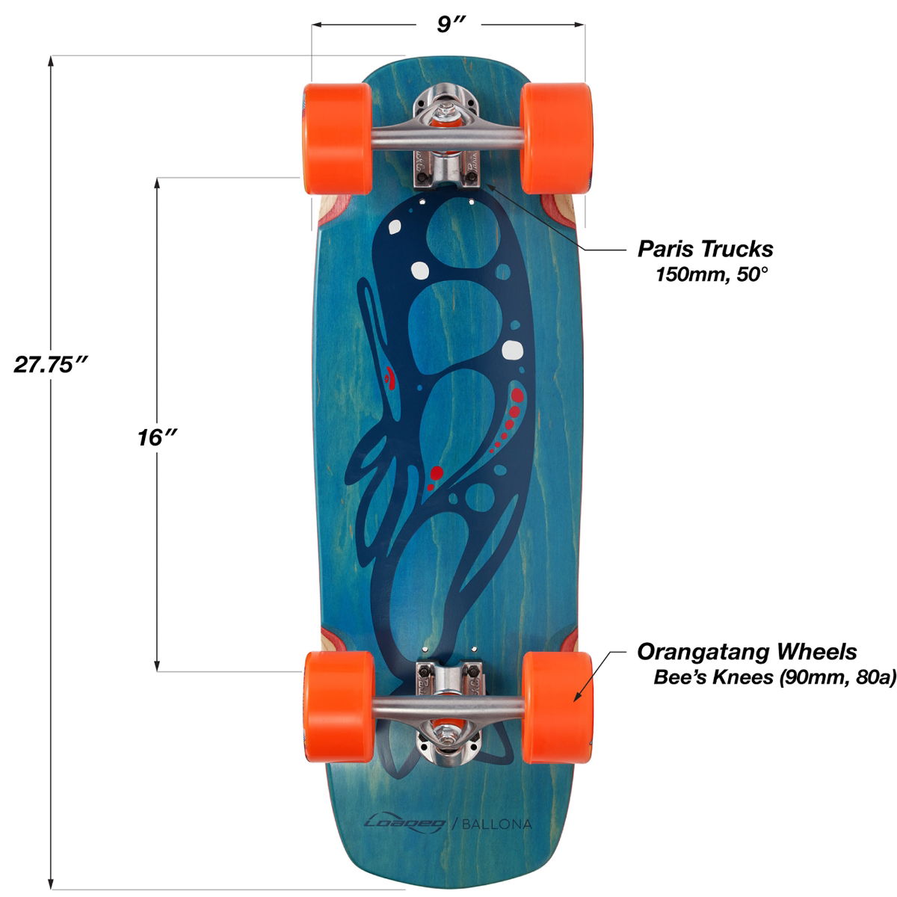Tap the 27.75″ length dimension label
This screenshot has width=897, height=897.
(x=50, y=364)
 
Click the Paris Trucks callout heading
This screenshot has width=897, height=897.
(x=705, y=249)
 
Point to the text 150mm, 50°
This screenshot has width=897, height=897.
(x=711, y=274)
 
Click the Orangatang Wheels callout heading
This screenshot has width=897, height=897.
(x=747, y=652)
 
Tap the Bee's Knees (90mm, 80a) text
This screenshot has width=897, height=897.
(x=774, y=677)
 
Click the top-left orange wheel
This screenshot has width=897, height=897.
(x=337, y=138)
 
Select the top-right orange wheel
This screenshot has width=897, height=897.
(x=556, y=138)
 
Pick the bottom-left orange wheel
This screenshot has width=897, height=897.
(x=339, y=707)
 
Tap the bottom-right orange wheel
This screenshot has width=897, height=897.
(x=558, y=707)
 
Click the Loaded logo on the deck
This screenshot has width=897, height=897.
(x=404, y=824)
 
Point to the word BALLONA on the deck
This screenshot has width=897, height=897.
(x=496, y=824)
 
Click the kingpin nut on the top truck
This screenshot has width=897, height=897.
(x=446, y=111)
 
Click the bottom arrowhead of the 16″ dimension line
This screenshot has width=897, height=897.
(x=157, y=665)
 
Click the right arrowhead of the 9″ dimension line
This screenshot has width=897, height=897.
(x=579, y=24)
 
